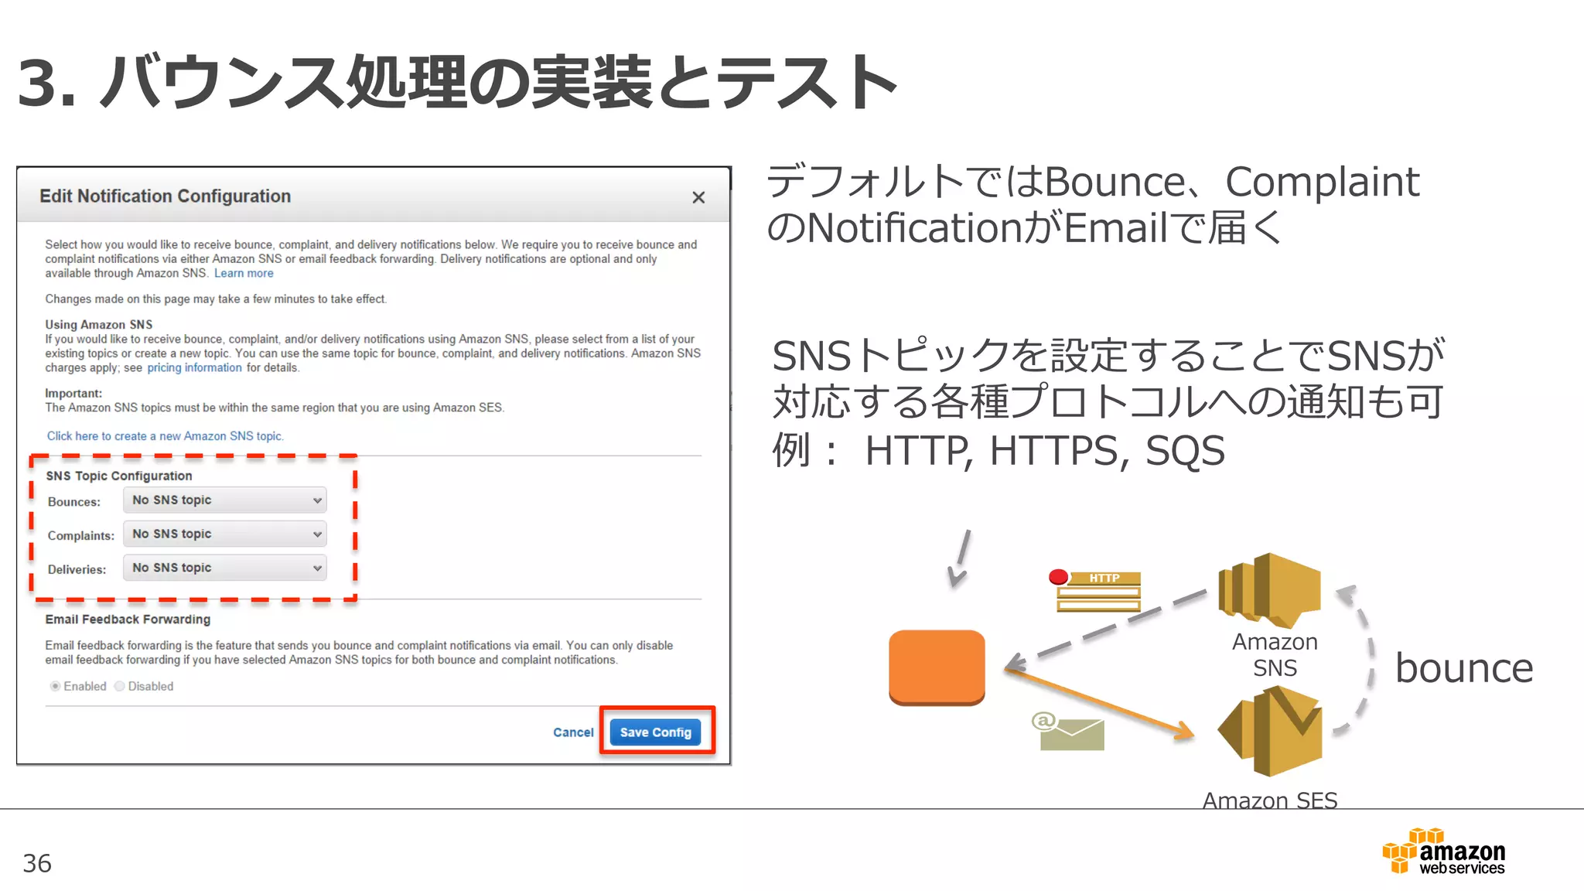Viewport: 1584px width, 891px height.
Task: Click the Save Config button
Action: pyautogui.click(x=655, y=732)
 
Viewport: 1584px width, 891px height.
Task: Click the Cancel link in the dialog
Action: pyautogui.click(x=573, y=732)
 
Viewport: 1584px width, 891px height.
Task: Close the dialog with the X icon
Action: pyautogui.click(x=698, y=198)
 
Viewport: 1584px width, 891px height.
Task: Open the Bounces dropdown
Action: pyautogui.click(x=225, y=500)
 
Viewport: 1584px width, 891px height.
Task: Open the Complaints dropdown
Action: pyautogui.click(x=225, y=534)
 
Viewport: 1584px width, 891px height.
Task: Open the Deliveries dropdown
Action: pyautogui.click(x=225, y=568)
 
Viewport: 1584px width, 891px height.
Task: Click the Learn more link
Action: pyautogui.click(x=244, y=274)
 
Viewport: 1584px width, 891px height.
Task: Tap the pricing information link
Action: pyautogui.click(x=194, y=368)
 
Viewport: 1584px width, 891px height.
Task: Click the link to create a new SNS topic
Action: pyautogui.click(x=165, y=436)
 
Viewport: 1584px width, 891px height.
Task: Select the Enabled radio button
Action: pyautogui.click(x=56, y=686)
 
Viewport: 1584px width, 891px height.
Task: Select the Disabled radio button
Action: pyautogui.click(x=120, y=686)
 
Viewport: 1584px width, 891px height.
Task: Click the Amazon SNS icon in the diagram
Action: pyautogui.click(x=1269, y=589)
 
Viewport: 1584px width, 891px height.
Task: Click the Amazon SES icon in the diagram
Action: pyautogui.click(x=1271, y=732)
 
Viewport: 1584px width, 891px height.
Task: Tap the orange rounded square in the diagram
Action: pyautogui.click(x=937, y=667)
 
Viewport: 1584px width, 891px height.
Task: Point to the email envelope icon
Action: pyautogui.click(x=1070, y=732)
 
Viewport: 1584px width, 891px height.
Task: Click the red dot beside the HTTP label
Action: pyautogui.click(x=1058, y=577)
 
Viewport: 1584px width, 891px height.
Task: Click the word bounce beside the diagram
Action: pyautogui.click(x=1463, y=668)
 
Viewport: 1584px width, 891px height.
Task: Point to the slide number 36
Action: pyautogui.click(x=37, y=863)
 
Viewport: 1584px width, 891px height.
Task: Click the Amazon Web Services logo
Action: pyautogui.click(x=1444, y=852)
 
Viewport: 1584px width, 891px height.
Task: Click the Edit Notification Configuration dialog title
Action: pyautogui.click(x=165, y=196)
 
